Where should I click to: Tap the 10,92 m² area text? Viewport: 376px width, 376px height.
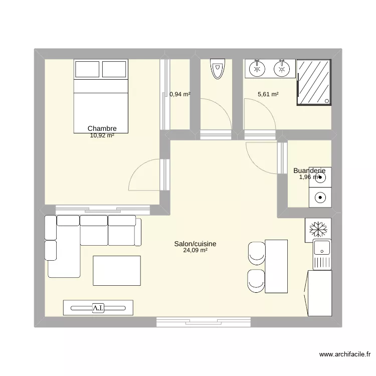pyautogui.click(x=102, y=135)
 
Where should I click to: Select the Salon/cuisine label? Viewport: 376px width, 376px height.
pyautogui.click(x=195, y=244)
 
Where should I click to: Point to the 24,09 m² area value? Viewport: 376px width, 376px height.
pyautogui.click(x=195, y=251)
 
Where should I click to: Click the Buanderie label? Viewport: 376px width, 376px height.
pyautogui.click(x=309, y=170)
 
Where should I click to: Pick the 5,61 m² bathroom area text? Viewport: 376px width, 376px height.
pyautogui.click(x=268, y=94)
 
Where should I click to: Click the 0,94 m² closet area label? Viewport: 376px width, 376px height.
pyautogui.click(x=180, y=94)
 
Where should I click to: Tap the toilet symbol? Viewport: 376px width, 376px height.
pyautogui.click(x=217, y=69)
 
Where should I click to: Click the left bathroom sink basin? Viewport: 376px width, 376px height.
pyautogui.click(x=257, y=69)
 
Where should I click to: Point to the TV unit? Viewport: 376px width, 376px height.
pyautogui.click(x=98, y=307)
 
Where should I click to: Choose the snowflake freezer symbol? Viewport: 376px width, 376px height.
pyautogui.click(x=317, y=229)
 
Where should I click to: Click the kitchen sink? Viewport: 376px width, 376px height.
pyautogui.click(x=320, y=247)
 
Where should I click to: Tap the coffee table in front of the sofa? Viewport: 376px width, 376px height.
pyautogui.click(x=117, y=270)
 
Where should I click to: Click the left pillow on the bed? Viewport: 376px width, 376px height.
pyautogui.click(x=87, y=69)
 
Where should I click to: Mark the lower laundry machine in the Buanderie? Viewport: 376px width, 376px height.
pyautogui.click(x=320, y=198)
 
